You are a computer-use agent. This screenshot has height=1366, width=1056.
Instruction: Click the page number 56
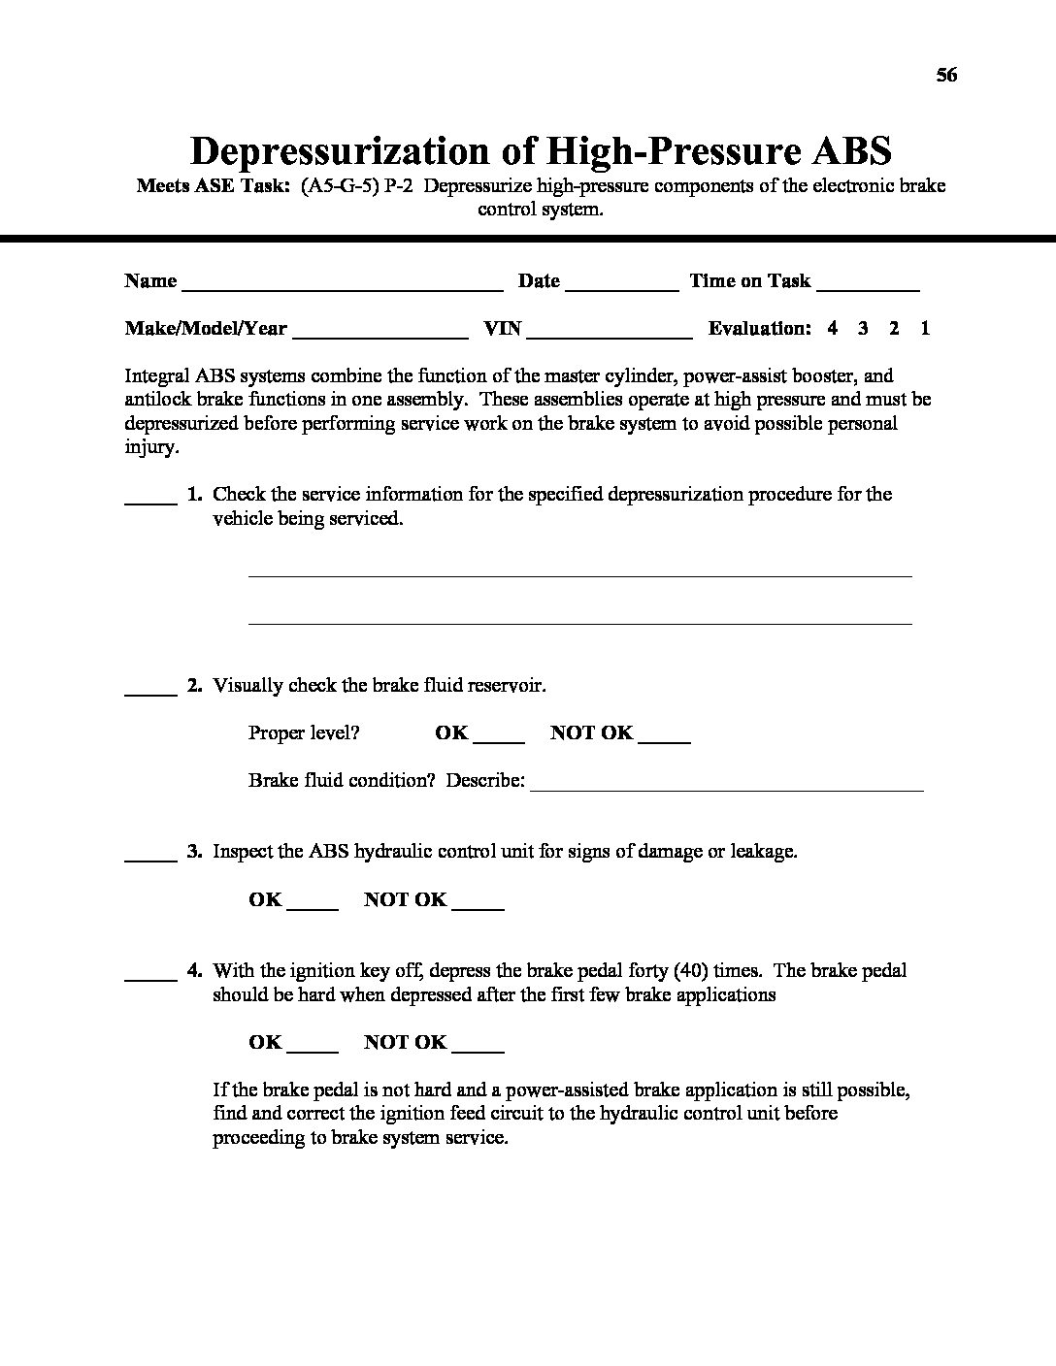pyautogui.click(x=946, y=75)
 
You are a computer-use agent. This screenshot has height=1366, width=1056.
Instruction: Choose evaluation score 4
pyautogui.click(x=833, y=328)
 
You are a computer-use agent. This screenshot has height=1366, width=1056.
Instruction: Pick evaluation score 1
pyautogui.click(x=925, y=328)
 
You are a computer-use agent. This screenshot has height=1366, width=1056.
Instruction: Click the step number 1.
pyautogui.click(x=194, y=494)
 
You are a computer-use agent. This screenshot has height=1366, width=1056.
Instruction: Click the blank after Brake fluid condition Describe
pyautogui.click(x=727, y=787)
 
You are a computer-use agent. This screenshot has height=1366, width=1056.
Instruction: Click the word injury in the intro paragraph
pyautogui.click(x=151, y=447)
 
